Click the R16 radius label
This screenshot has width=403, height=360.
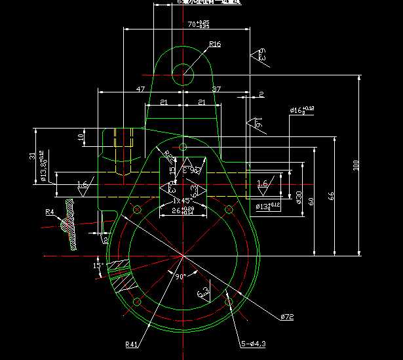coord(215,45)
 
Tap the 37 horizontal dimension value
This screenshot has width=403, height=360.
coord(216,88)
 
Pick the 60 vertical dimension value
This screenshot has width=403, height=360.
coord(310,201)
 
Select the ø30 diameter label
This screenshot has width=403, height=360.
coord(298,197)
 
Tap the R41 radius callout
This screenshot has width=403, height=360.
coord(132,344)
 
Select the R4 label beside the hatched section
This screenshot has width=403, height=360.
coord(50,212)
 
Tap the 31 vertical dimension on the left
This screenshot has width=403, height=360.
coord(32,156)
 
